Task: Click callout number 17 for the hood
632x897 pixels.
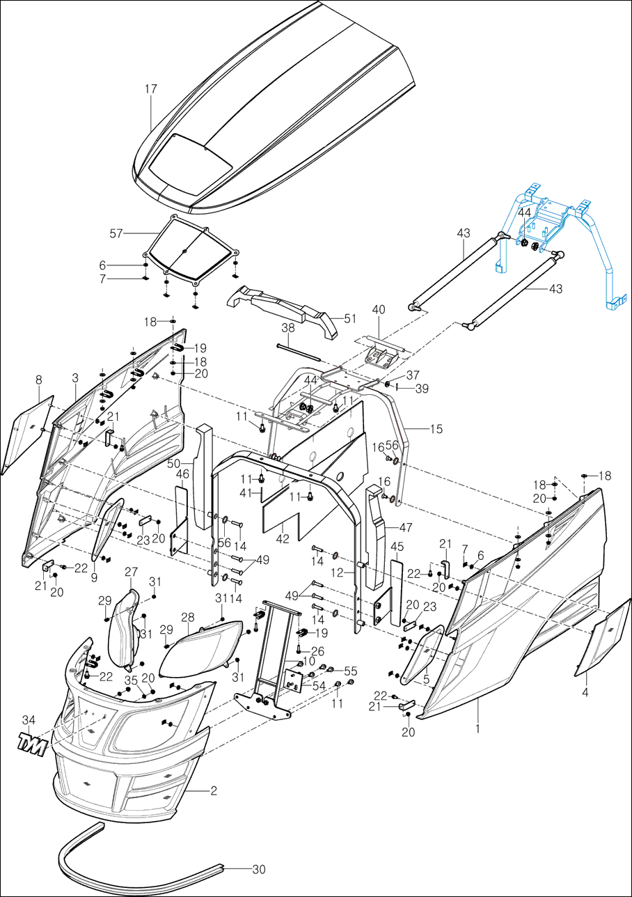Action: pyautogui.click(x=151, y=89)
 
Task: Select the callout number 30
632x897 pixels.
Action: pyautogui.click(x=259, y=870)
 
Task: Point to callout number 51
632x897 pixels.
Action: pyautogui.click(x=350, y=320)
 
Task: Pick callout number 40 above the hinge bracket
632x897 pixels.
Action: pyautogui.click(x=379, y=309)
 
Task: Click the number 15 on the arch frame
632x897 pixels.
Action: pyautogui.click(x=436, y=430)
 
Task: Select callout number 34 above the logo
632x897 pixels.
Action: pyautogui.click(x=28, y=719)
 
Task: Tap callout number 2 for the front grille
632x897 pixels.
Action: pyautogui.click(x=214, y=791)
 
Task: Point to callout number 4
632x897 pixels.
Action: pyautogui.click(x=585, y=693)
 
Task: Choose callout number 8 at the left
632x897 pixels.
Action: pyautogui.click(x=39, y=380)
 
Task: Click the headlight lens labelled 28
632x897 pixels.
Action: pyautogui.click(x=202, y=650)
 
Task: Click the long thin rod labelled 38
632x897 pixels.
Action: pyautogui.click(x=298, y=352)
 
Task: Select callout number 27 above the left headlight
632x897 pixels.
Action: pyautogui.click(x=132, y=572)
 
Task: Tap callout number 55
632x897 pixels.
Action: pyautogui.click(x=350, y=671)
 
